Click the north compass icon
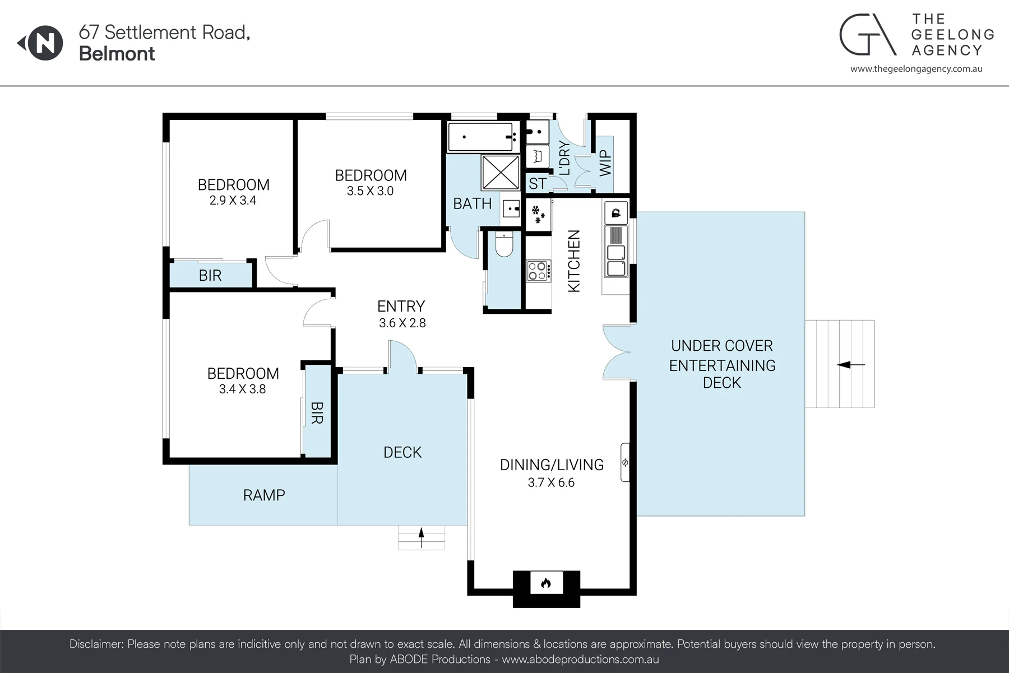(x=41, y=43)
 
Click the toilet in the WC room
(x=504, y=244)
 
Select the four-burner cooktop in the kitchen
(x=537, y=271)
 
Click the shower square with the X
(x=501, y=173)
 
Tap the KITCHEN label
(x=574, y=261)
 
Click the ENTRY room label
(x=401, y=306)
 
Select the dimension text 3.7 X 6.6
(x=551, y=482)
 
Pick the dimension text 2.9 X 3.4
(x=233, y=200)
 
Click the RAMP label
(x=264, y=495)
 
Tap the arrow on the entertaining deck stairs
(x=851, y=365)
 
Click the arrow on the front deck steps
(x=422, y=537)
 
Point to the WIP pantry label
(x=605, y=163)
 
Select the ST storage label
(x=537, y=183)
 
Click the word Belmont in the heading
(x=117, y=54)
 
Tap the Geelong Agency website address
(x=917, y=69)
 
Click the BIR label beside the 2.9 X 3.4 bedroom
(x=210, y=275)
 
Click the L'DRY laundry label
(x=564, y=158)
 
